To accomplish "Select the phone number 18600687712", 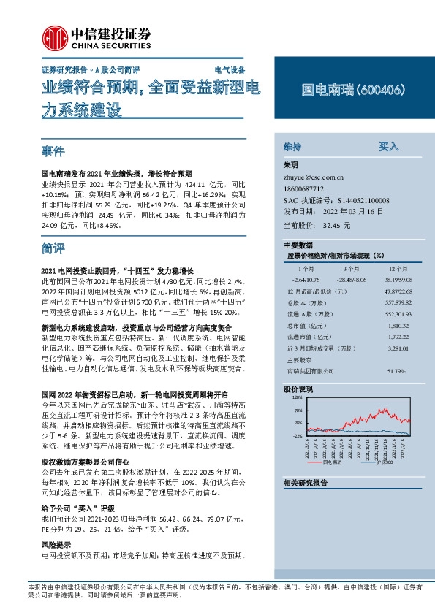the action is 305,188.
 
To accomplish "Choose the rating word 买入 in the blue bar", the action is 388,146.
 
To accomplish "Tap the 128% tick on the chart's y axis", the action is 298,399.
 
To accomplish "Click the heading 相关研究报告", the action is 305,483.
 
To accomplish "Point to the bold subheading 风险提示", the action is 56,546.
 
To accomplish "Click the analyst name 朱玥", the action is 292,166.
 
